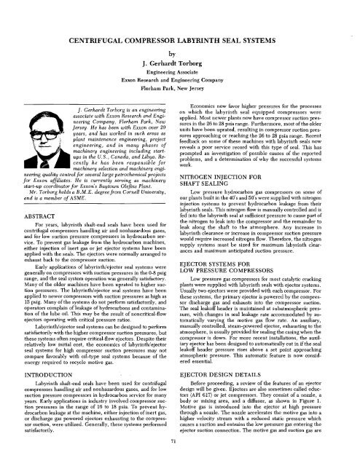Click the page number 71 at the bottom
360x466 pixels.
[179, 461]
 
